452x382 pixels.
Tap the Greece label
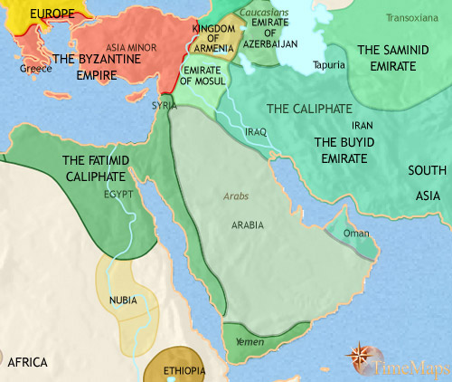coord(35,68)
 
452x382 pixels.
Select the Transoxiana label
coord(412,17)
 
